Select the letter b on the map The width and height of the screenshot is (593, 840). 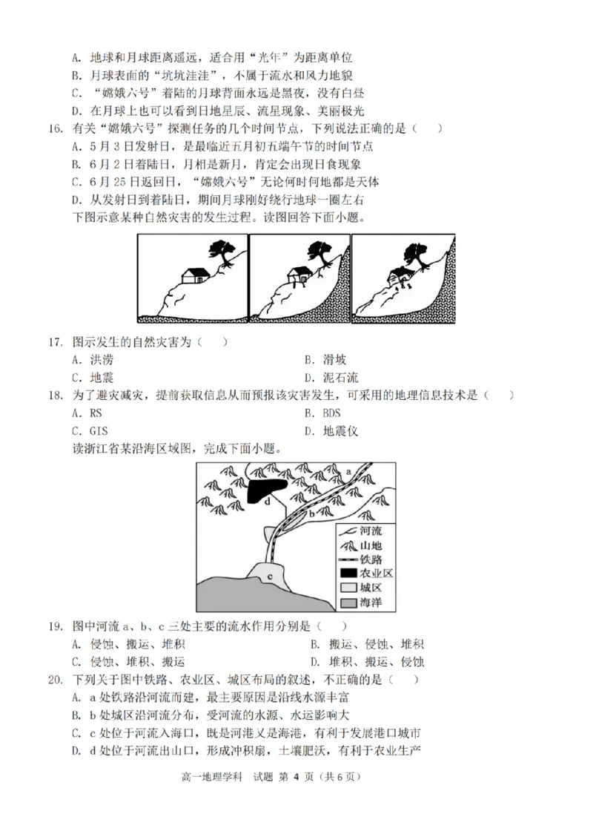point(312,513)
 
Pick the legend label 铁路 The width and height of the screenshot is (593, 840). point(372,560)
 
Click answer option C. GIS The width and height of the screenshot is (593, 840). point(88,430)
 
